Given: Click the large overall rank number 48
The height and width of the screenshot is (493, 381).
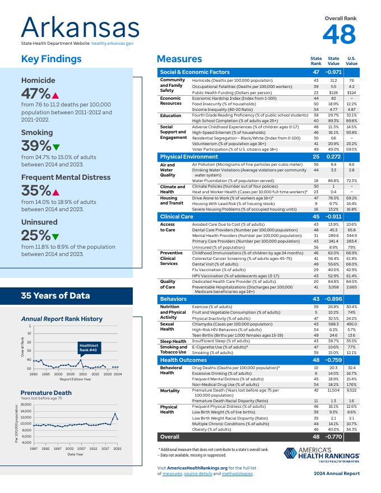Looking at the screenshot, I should [x=339, y=35].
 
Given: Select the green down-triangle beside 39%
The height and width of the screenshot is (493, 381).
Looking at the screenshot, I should [x=55, y=147].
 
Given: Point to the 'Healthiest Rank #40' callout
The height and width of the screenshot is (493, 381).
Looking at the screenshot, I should [x=89, y=347].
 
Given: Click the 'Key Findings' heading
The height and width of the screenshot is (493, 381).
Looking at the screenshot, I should [x=51, y=59].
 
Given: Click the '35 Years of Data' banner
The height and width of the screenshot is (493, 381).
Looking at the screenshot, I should [x=55, y=295].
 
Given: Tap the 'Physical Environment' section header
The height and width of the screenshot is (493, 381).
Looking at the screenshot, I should [x=189, y=157].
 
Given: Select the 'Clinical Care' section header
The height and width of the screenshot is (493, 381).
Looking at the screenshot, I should [x=177, y=216].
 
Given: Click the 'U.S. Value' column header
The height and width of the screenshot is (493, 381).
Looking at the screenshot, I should [x=351, y=61].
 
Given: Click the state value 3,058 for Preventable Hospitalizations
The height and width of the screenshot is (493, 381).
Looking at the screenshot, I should [x=333, y=287].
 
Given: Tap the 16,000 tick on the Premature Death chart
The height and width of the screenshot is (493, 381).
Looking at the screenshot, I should [x=26, y=404].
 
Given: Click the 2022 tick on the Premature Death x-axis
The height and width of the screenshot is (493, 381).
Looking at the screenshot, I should [x=117, y=449].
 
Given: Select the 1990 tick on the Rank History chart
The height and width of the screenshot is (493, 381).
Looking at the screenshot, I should [x=34, y=374].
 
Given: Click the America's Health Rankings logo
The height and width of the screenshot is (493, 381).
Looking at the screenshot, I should [x=320, y=454].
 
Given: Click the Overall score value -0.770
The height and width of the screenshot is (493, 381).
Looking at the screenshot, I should [x=333, y=436].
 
